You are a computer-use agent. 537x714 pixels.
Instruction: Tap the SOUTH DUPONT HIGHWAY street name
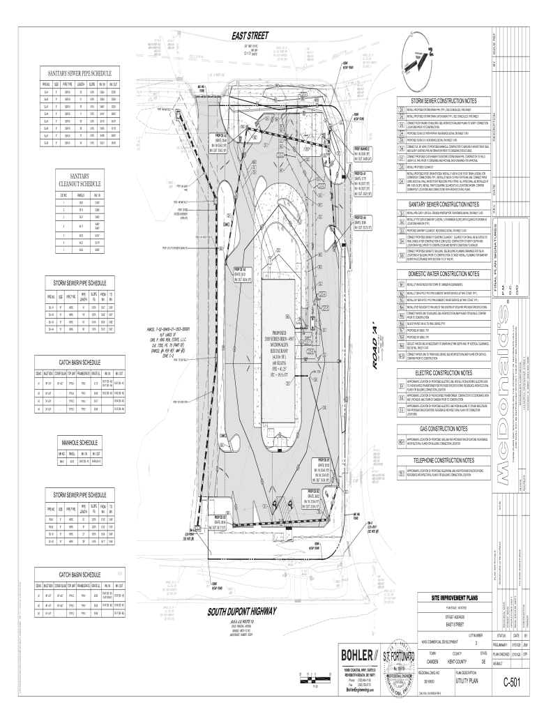pyautogui.click(x=242, y=612)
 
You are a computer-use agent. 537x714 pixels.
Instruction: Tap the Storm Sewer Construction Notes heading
pyautogui.click(x=444, y=101)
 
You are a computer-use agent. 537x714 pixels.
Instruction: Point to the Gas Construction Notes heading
pyautogui.click(x=444, y=428)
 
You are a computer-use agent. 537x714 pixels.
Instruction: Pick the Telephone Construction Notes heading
pyautogui.click(x=444, y=461)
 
